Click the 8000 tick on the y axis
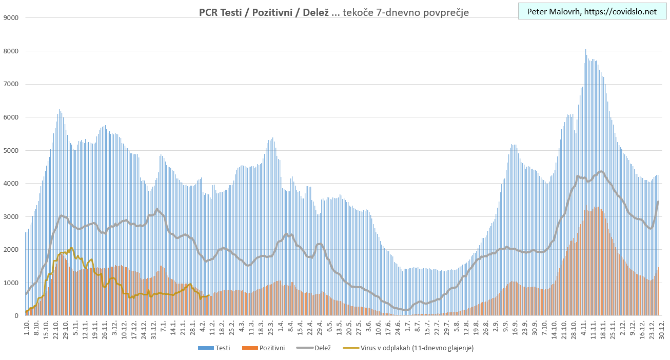12,51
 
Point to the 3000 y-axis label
12,217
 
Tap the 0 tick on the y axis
16,316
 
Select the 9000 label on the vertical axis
12,18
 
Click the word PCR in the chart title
208,12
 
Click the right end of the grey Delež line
658,202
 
